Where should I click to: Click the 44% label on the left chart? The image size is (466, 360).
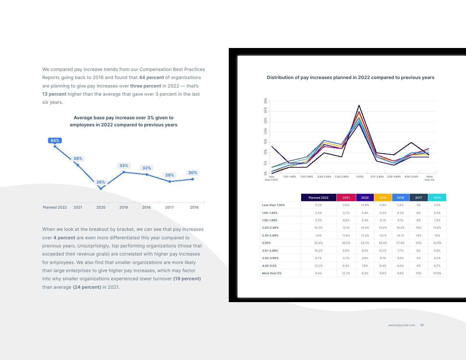pos(55,140)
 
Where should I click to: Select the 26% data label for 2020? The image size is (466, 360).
pos(101,182)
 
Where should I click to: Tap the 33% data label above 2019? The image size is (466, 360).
pos(124,166)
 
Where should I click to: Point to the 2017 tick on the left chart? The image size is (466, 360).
pos(169,207)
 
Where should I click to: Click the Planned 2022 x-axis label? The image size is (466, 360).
pos(55,207)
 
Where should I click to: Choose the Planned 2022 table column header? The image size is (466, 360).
pos(318,198)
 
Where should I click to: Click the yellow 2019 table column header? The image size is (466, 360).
pos(383,198)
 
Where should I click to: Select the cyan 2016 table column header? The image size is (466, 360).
pos(437,198)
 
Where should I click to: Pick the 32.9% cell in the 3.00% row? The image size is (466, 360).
pos(318,243)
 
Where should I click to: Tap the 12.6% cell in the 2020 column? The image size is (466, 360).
pos(365,205)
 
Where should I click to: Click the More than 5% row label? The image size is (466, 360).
pos(271,273)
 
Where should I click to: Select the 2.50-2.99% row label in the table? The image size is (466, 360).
pos(270,235)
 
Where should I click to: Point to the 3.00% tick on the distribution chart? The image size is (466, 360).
pos(359,176)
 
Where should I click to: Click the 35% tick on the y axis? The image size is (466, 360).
pos(266,101)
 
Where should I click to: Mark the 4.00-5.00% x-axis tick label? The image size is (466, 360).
pos(411,176)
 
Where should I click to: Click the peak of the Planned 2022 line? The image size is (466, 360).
pos(359,105)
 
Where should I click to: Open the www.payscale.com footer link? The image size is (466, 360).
pos(401,325)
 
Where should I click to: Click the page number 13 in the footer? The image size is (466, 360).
pos(422,325)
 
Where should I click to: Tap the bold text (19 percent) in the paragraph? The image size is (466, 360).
pos(187,279)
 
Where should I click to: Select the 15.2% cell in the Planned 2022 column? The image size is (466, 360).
pos(318,266)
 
